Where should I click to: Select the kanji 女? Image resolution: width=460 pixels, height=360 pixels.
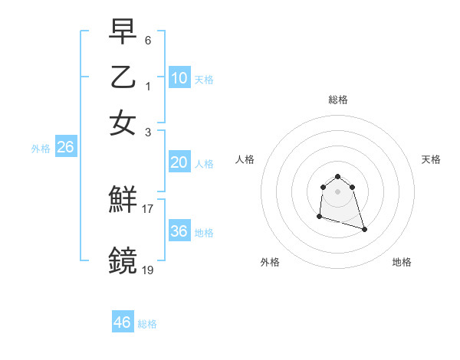(x=123, y=123)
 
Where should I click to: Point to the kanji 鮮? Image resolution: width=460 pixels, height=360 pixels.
(x=123, y=201)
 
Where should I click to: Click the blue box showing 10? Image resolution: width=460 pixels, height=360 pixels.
(x=179, y=78)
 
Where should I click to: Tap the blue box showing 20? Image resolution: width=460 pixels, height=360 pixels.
(x=179, y=162)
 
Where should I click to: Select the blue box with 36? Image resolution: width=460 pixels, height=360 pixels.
(x=179, y=231)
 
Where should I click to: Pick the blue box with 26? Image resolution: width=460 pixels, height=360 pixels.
(x=65, y=148)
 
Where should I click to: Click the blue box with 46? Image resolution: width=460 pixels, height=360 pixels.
(x=123, y=322)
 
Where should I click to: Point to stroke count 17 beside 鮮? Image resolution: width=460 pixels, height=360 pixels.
(x=148, y=208)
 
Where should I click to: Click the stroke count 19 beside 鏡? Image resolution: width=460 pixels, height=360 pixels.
(x=148, y=270)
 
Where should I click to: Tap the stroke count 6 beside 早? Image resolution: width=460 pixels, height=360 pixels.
(x=148, y=39)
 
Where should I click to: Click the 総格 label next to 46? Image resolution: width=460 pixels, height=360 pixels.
(x=147, y=324)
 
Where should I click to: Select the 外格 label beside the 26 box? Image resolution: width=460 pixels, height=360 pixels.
(x=40, y=149)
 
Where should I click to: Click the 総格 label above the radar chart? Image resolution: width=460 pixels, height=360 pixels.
(x=337, y=100)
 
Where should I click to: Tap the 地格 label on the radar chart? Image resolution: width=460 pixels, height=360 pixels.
(x=402, y=262)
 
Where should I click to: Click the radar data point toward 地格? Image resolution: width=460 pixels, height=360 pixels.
(x=364, y=229)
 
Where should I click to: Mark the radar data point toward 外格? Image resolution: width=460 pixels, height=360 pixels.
(x=319, y=217)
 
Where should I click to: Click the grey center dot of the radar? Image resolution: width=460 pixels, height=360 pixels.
(x=337, y=191)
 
